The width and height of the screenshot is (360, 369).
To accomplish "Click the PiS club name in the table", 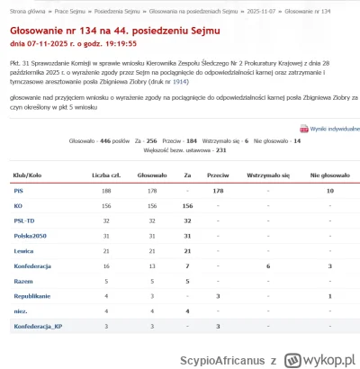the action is coord(18,191).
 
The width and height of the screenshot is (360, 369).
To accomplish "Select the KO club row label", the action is coord(17,206).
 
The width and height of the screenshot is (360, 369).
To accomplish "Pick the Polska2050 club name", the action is coord(31,236).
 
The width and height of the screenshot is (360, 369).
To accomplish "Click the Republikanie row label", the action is coord(32,296).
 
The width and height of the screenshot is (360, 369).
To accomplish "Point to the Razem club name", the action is coord(22,281).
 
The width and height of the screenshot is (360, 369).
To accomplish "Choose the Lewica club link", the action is coord(23,251).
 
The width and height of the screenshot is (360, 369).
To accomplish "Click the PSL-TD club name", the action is coord(24,220).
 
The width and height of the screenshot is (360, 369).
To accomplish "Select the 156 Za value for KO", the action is coord(188,206).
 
